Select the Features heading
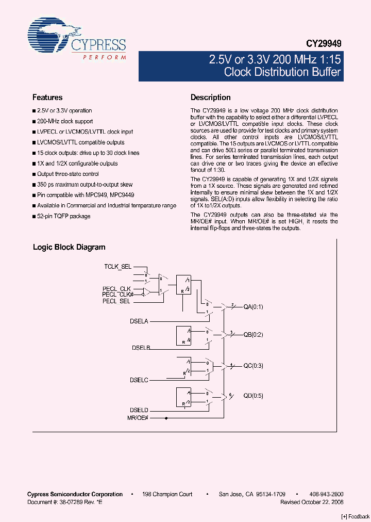pyautogui.click(x=47, y=97)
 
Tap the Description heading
pyautogui.click(x=210, y=97)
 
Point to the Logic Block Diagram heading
pyautogui.click(x=69, y=247)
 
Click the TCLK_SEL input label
pyautogui.click(x=117, y=267)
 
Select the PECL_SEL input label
pyautogui.click(x=116, y=301)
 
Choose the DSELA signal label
pyautogui.click(x=139, y=321)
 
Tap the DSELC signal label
pyautogui.click(x=139, y=380)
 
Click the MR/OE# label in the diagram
pyautogui.click(x=138, y=417)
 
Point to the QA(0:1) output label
pyautogui.click(x=253, y=307)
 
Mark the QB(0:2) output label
pyautogui.click(x=253, y=334)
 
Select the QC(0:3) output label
pyautogui.click(x=253, y=366)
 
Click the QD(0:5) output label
pyautogui.click(x=253, y=396)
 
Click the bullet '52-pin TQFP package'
pyautogui.click(x=63, y=216)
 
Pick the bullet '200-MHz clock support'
pyautogui.click(x=65, y=121)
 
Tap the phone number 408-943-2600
pyautogui.click(x=326, y=494)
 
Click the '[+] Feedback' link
pyautogui.click(x=356, y=517)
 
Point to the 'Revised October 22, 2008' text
pyautogui.click(x=312, y=502)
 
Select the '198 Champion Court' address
pyautogui.click(x=167, y=494)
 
